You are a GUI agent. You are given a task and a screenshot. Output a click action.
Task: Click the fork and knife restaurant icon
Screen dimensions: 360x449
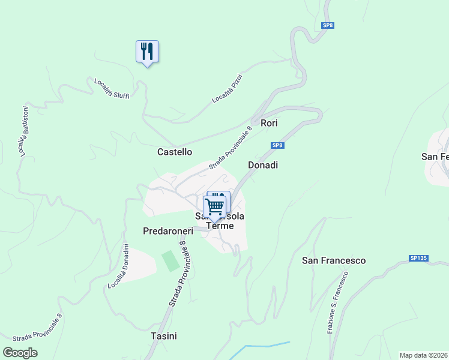pos(147,52)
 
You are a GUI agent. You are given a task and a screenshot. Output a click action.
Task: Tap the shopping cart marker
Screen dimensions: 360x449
pos(214,207)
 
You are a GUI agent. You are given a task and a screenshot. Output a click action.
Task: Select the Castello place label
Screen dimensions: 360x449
pos(175,152)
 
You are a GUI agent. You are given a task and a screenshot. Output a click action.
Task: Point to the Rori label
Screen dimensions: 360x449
pos(269,123)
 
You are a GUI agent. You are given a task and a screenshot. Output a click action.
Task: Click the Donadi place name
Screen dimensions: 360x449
pos(263,165)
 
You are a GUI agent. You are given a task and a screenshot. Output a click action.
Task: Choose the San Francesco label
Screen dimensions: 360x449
pos(334,260)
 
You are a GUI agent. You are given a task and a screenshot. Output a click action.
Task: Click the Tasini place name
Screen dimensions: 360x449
pos(164,336)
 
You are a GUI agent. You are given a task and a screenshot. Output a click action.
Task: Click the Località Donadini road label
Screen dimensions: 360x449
pos(119,266)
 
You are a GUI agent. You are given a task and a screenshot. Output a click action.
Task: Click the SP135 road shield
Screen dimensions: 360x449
pos(419,258)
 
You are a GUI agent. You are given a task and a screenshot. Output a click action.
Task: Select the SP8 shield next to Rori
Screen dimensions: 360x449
pos(277,145)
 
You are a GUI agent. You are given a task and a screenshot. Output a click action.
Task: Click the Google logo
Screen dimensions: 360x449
pos(20,353)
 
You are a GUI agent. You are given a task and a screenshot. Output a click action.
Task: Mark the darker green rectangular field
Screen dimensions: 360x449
pos(170,261)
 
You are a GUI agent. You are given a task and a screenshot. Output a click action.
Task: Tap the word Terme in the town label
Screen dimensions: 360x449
pos(219,226)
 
